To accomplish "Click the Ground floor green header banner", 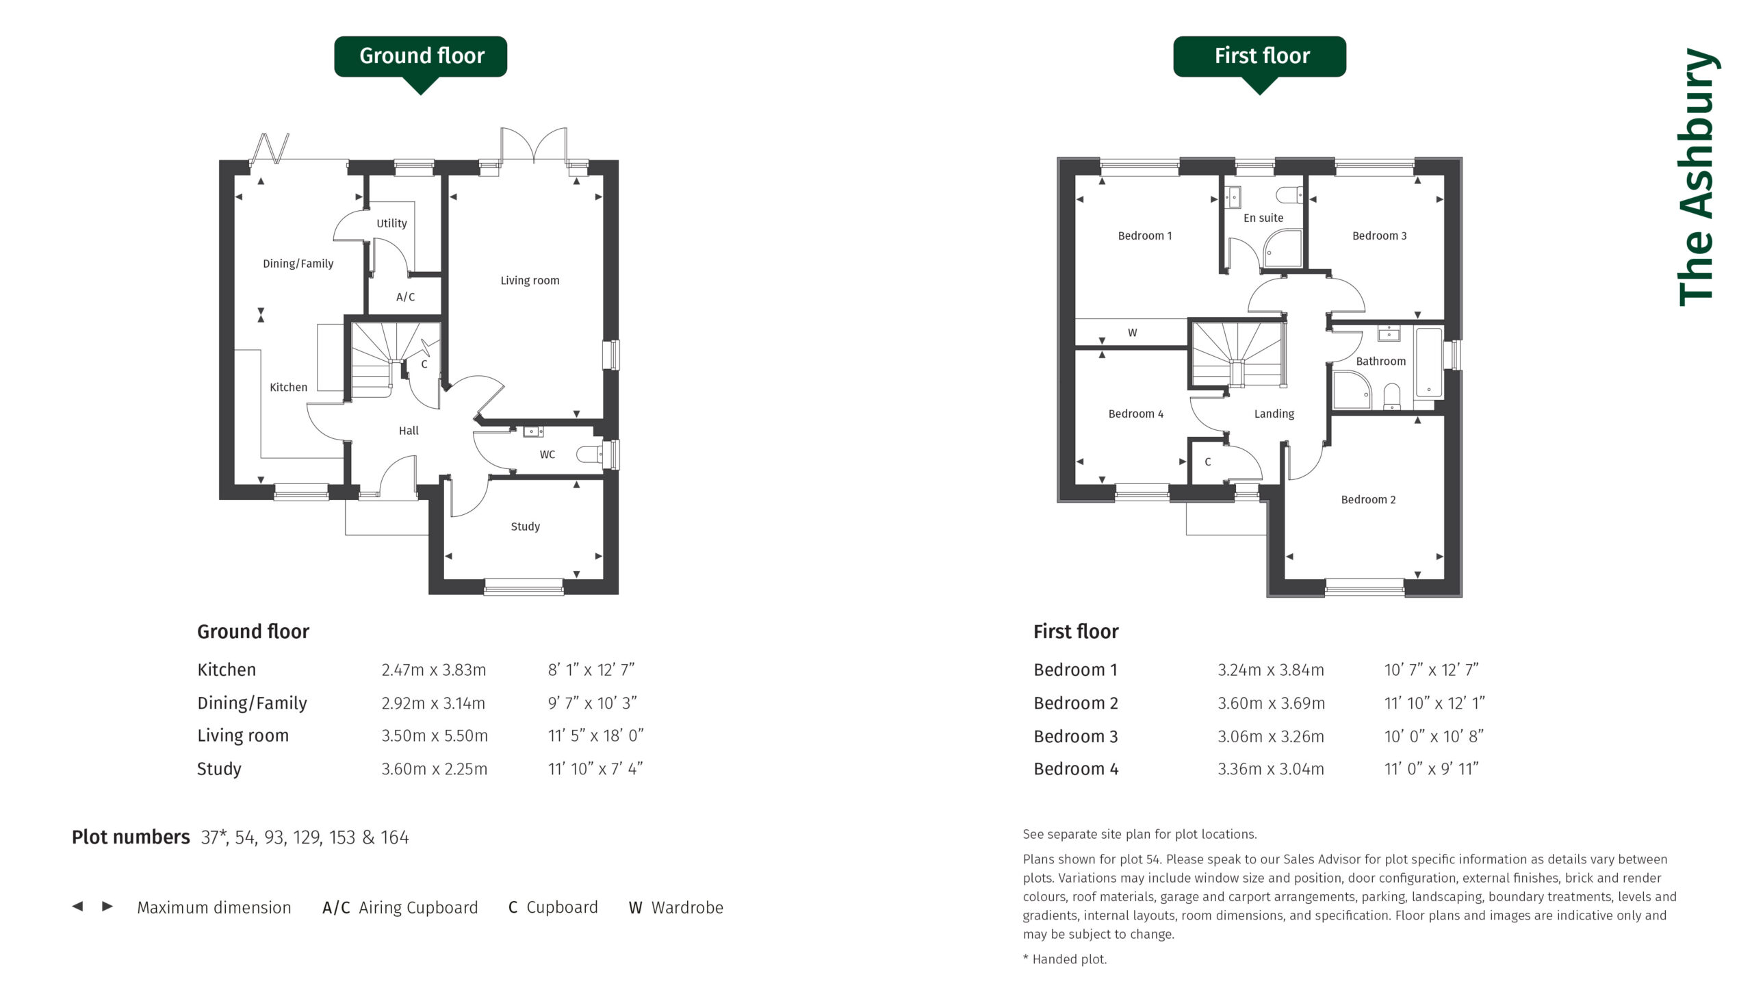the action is click(420, 57).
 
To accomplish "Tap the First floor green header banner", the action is click(1259, 57).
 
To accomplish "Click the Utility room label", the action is click(391, 223).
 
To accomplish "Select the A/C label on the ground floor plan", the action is click(405, 297).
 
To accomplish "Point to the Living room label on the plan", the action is click(530, 281).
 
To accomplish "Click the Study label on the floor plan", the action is click(525, 527).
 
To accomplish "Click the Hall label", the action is click(409, 431).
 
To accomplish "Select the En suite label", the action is click(1263, 218).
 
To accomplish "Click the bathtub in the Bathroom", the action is click(1429, 363).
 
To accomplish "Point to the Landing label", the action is click(1274, 414).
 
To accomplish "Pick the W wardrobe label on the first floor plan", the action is click(1132, 333).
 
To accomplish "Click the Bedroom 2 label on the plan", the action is click(1368, 500).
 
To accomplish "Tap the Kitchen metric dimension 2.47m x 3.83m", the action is click(434, 670).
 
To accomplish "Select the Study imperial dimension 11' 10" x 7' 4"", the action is click(595, 769).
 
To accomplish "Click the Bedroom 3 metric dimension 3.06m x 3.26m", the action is click(1270, 737).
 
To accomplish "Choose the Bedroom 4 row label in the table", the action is click(1076, 769).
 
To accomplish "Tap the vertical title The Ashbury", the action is click(1699, 177).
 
